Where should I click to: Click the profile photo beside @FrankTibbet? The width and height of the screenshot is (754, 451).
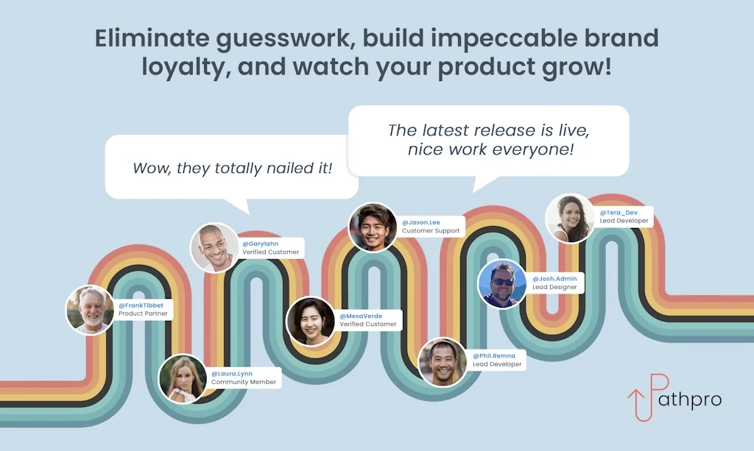pyautogui.click(x=90, y=310)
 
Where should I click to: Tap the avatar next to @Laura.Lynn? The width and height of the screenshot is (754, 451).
pyautogui.click(x=183, y=378)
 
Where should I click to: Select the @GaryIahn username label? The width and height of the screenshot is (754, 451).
pyautogui.click(x=260, y=244)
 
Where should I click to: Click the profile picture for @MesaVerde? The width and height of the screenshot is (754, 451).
pyautogui.click(x=310, y=322)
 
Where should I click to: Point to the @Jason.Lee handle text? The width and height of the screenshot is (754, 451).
pyautogui.click(x=421, y=222)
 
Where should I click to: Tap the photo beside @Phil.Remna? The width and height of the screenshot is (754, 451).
pyautogui.click(x=443, y=362)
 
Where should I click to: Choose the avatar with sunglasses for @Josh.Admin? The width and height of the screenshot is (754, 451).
pyautogui.click(x=502, y=284)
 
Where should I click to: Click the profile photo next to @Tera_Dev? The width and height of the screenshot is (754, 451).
pyautogui.click(x=570, y=218)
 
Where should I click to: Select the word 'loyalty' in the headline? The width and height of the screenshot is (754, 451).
pyautogui.click(x=183, y=67)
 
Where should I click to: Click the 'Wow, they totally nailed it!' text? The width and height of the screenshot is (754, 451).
pyautogui.click(x=232, y=168)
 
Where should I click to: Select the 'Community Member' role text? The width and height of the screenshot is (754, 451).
pyautogui.click(x=244, y=383)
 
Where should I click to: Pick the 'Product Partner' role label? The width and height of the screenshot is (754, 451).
pyautogui.click(x=144, y=313)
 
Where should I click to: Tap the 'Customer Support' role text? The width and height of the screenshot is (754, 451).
pyautogui.click(x=431, y=230)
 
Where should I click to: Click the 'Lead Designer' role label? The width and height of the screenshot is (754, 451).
pyautogui.click(x=554, y=287)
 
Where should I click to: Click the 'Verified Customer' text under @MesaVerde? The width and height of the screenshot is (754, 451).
pyautogui.click(x=368, y=324)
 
